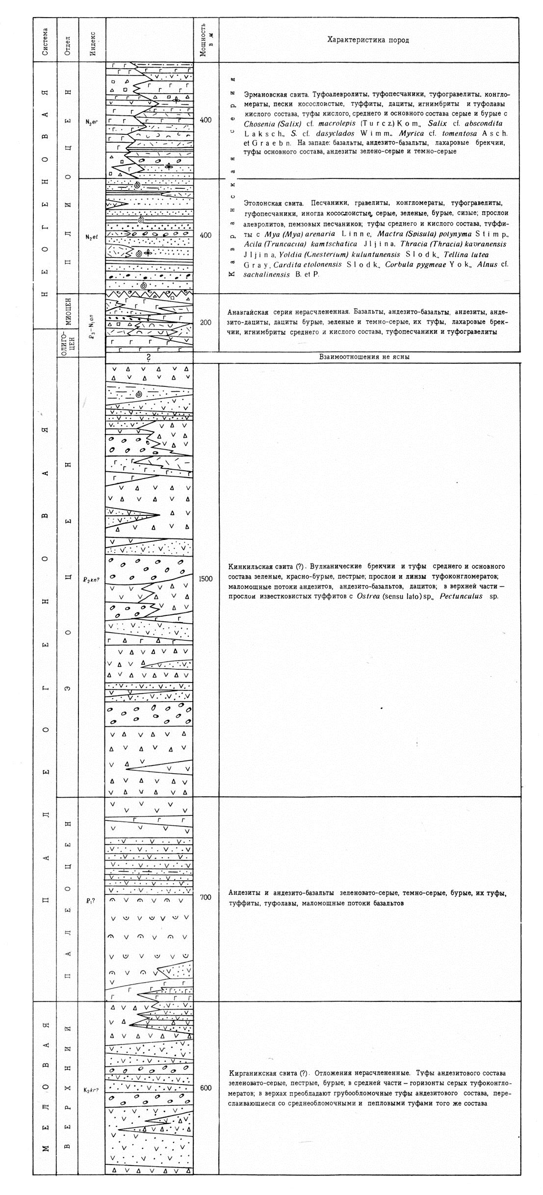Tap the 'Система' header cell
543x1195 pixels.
click(45, 40)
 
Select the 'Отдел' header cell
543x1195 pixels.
click(69, 40)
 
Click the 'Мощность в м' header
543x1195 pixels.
click(206, 40)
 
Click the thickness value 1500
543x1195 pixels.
click(206, 579)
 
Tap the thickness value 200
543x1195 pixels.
click(206, 322)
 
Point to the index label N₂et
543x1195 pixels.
click(92, 237)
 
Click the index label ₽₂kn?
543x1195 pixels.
click(92, 579)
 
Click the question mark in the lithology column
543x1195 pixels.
click(149, 358)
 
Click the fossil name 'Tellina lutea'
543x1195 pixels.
click(469, 254)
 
